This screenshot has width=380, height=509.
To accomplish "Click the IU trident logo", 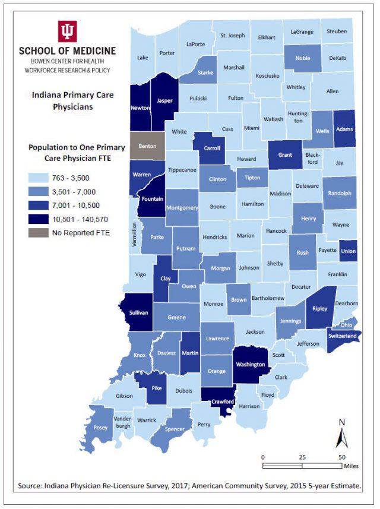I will pyautogui.click(x=67, y=31).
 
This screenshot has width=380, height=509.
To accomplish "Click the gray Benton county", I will pyautogui.click(x=147, y=146).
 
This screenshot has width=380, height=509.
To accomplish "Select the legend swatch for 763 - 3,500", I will pyautogui.click(x=39, y=177).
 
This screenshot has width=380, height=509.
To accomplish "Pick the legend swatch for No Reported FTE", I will pyautogui.click(x=39, y=233).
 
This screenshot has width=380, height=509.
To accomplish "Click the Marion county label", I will pyautogui.click(x=245, y=236).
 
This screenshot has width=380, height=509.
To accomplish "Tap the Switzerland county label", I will pyautogui.click(x=341, y=336).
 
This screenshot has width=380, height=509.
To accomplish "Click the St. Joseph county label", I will pyautogui.click(x=232, y=36).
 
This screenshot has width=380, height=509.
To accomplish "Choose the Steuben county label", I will pyautogui.click(x=337, y=31).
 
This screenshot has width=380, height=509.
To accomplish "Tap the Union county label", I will pyautogui.click(x=349, y=251).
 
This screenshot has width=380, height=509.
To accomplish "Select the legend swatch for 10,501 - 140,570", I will pyautogui.click(x=39, y=219).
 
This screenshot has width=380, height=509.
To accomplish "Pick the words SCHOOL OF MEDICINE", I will pyautogui.click(x=67, y=51).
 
